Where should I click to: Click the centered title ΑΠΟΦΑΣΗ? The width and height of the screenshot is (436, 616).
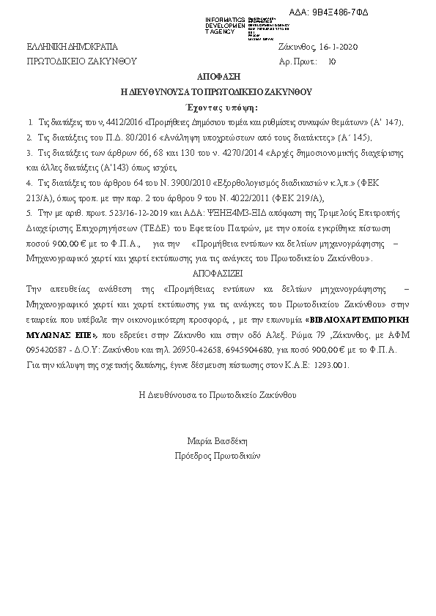point(218,77)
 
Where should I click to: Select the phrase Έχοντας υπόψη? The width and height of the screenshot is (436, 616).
point(218,107)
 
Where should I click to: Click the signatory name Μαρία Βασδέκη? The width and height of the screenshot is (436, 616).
point(218,441)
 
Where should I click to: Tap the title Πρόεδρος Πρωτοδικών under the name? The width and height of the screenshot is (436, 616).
point(218,455)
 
